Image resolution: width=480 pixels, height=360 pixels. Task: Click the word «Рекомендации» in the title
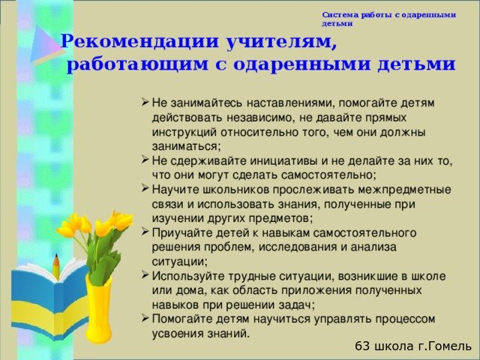click(x=140, y=41)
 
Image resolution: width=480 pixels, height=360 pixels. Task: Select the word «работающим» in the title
click(x=137, y=65)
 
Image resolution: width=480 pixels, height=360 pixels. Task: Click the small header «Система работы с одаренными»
click(x=388, y=15)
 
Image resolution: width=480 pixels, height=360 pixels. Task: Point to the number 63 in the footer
click(x=363, y=346)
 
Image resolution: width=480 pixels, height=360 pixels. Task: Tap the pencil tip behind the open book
click(x=56, y=256)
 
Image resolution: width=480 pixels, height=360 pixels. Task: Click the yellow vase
click(x=98, y=309)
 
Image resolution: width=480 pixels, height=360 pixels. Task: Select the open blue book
click(x=49, y=298)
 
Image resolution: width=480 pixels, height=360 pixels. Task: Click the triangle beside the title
click(x=44, y=45)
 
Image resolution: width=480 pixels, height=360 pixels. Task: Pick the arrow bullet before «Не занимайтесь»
click(x=145, y=102)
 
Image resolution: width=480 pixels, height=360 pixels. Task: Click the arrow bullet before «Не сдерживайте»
click(x=145, y=160)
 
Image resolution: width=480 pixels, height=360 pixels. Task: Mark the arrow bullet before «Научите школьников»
click(x=145, y=188)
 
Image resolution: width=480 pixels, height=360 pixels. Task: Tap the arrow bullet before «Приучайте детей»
click(x=145, y=232)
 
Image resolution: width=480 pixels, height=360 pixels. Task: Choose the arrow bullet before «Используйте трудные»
click(x=145, y=275)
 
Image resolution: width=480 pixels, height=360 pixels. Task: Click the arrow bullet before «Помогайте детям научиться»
click(x=145, y=318)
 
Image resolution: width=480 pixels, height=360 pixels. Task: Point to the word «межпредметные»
click(x=404, y=190)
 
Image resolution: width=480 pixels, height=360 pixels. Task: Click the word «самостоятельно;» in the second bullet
click(x=328, y=175)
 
